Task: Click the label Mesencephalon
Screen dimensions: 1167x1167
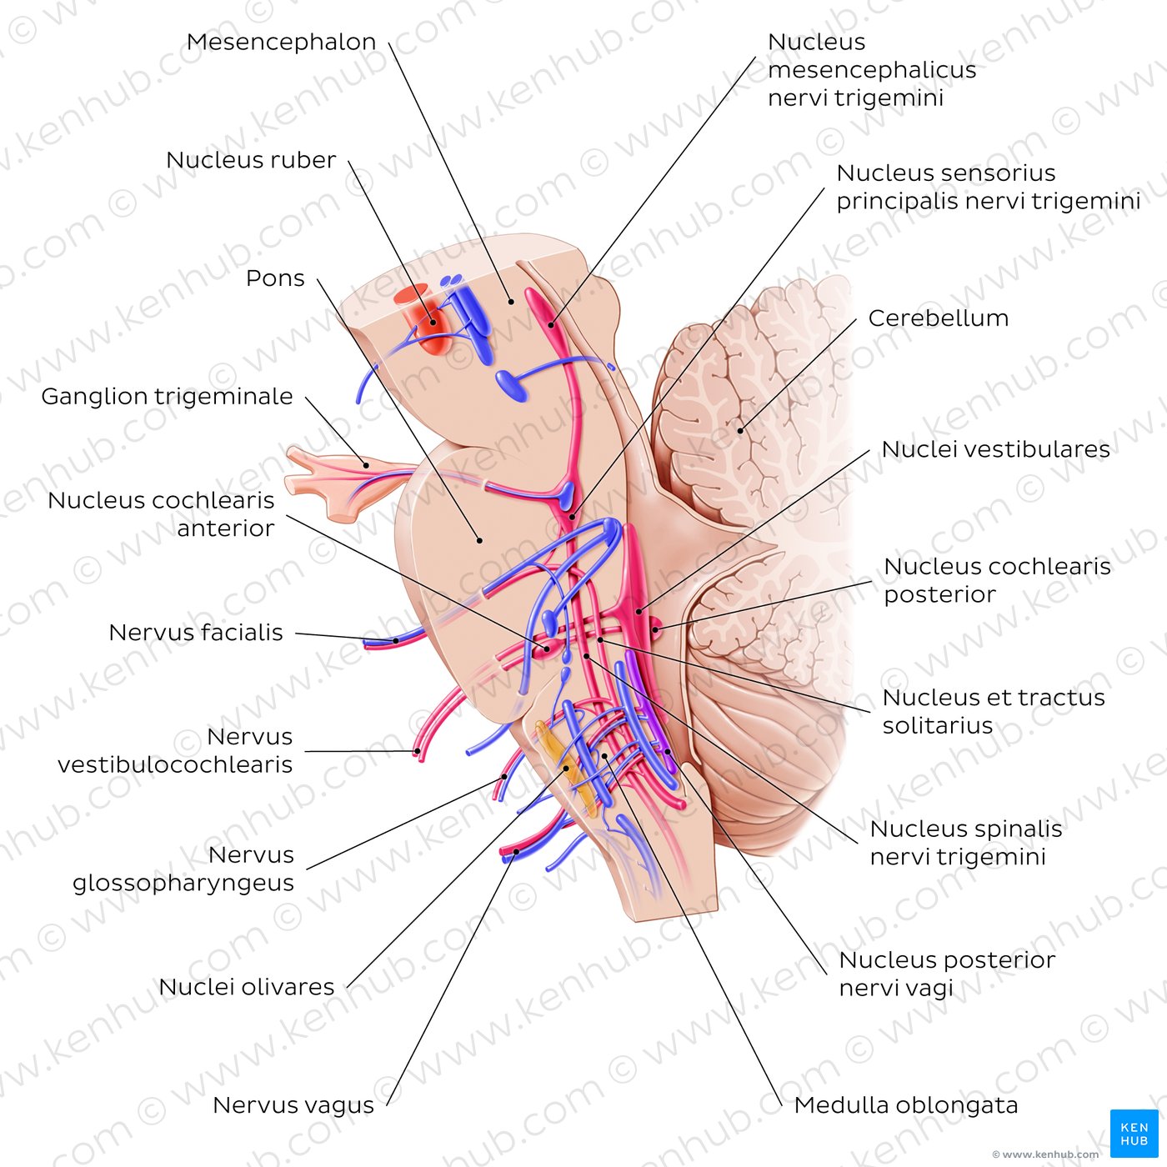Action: point(281,42)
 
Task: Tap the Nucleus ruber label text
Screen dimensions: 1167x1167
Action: point(251,160)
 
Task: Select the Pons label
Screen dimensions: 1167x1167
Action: point(275,278)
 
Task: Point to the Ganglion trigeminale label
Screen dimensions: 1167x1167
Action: point(167,396)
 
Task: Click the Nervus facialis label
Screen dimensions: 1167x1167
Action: point(196,633)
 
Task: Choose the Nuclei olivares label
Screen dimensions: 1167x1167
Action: point(246,987)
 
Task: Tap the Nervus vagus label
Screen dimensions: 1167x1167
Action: point(293,1105)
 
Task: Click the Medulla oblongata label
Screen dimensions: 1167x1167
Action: point(906,1105)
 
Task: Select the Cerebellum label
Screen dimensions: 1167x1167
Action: point(938,318)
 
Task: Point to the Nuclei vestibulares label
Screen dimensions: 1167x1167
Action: point(995,449)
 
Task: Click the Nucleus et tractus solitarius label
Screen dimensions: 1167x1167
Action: point(993,711)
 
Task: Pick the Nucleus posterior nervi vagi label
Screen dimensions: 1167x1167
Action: point(946,974)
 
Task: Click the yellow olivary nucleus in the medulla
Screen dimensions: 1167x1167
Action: point(558,763)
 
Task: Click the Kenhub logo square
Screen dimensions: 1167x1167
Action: point(1134,1134)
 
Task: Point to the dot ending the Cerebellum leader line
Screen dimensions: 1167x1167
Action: point(739,431)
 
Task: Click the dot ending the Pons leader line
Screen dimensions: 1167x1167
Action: point(480,540)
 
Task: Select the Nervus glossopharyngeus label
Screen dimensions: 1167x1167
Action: point(183,869)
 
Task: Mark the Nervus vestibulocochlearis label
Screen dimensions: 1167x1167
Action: point(175,750)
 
